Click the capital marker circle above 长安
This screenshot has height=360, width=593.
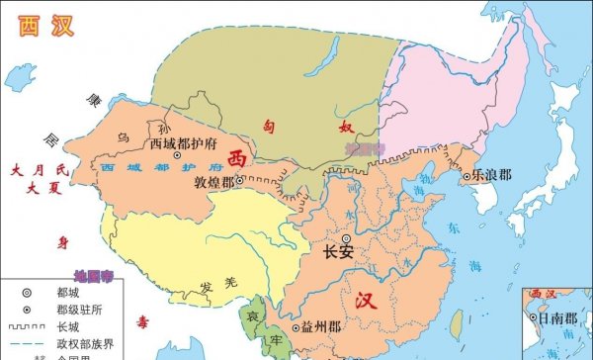pos(346,238)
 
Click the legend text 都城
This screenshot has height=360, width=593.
pos(67,293)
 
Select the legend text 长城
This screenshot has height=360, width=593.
pos(67,327)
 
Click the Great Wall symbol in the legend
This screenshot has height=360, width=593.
pos(26,327)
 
